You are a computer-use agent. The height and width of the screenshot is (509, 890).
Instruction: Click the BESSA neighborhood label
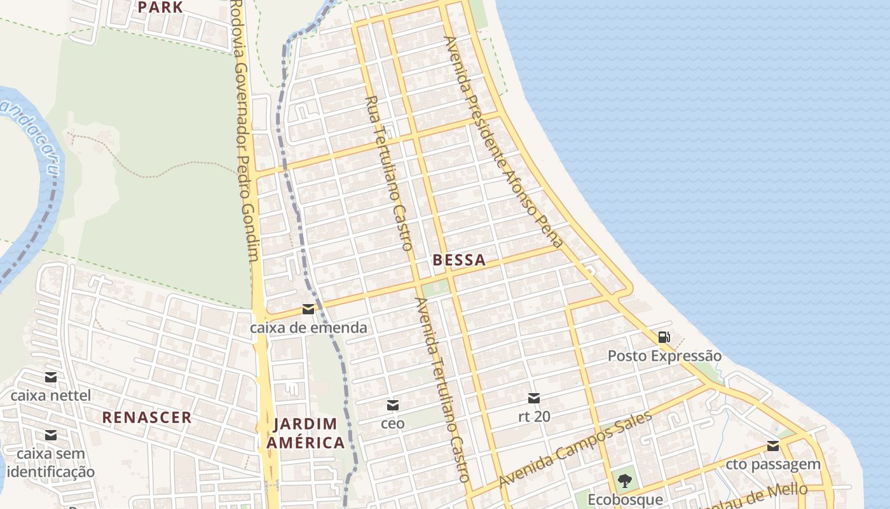(459, 260)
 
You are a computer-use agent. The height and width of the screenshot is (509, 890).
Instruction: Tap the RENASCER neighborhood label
(147, 417)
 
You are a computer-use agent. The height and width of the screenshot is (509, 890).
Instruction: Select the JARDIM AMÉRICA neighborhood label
(306, 433)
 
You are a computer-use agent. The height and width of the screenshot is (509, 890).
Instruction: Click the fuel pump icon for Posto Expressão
(664, 337)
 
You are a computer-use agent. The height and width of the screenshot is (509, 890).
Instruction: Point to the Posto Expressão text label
(664, 356)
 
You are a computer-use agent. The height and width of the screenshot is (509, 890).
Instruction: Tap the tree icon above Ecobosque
(624, 481)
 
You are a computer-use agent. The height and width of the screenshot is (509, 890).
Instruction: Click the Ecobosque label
(624, 500)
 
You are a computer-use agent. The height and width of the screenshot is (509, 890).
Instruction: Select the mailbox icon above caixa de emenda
(308, 309)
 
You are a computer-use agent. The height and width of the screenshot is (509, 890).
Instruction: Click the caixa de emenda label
(308, 328)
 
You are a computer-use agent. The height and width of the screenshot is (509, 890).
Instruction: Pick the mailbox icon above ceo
(393, 405)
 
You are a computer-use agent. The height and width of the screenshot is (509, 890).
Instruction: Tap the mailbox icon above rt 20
(534, 398)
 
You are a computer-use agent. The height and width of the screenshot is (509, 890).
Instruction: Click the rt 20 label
(534, 417)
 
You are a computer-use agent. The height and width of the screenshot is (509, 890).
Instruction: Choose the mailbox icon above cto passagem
(773, 445)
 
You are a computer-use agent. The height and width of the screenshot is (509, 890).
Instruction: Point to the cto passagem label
(773, 464)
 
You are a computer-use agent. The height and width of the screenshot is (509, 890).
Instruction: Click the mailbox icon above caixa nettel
(51, 377)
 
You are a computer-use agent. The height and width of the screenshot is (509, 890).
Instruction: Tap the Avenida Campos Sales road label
(575, 449)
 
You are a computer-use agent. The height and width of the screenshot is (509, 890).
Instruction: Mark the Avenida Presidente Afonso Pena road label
(503, 141)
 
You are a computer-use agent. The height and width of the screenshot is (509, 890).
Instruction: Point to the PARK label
(160, 8)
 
